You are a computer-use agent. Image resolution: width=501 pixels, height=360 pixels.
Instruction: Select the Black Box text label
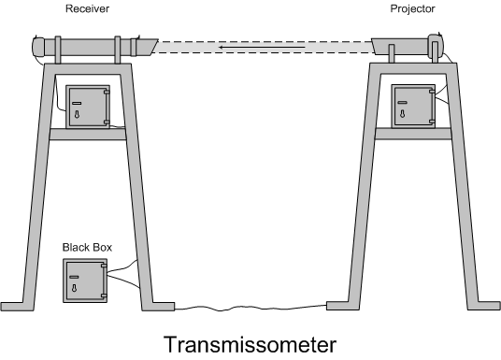[86, 247]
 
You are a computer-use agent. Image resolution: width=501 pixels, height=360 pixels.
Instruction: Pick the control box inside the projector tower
[412, 105]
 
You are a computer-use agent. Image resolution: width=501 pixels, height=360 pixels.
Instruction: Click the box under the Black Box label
[85, 280]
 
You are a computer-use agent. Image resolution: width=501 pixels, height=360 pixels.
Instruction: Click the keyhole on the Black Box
[76, 285]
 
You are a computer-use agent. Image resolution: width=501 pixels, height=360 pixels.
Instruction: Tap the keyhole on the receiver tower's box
[78, 112]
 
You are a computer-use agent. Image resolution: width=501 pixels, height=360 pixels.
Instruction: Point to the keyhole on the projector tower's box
[403, 112]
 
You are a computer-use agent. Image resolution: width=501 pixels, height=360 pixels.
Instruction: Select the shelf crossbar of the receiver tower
[88, 134]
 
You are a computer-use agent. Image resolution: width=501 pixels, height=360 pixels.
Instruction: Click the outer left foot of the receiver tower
[15, 307]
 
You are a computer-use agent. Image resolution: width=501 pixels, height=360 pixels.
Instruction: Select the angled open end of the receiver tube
[145, 45]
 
